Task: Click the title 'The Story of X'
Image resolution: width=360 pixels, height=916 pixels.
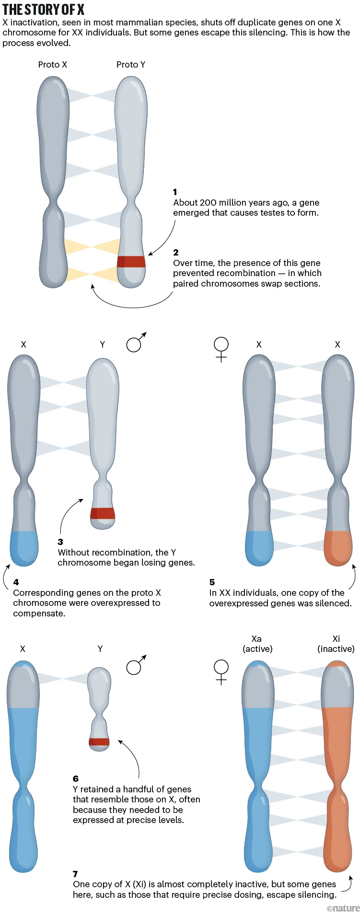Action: [44, 9]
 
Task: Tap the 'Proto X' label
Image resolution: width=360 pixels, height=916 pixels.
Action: [53, 65]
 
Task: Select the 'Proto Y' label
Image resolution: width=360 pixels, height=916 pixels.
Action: [131, 65]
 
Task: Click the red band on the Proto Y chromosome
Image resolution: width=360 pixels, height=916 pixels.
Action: [131, 261]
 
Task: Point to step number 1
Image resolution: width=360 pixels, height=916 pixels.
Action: [175, 192]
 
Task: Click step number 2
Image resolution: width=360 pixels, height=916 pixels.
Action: [176, 252]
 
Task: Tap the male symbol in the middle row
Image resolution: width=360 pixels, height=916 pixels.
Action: [136, 342]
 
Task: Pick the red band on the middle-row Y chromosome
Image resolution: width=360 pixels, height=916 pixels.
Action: [103, 513]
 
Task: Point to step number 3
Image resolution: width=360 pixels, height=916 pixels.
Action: [60, 542]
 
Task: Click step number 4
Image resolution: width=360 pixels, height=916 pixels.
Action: [16, 582]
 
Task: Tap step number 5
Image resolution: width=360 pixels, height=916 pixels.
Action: [212, 582]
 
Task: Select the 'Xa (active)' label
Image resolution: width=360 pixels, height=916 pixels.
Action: [257, 644]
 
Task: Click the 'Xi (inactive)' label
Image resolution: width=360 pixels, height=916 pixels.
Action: [336, 644]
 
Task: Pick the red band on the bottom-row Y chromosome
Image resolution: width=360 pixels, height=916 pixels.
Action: [99, 742]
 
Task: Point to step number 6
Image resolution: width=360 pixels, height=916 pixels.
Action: [76, 778]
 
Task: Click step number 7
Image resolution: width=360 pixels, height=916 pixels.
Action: [75, 874]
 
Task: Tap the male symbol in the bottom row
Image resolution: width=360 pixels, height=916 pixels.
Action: [136, 665]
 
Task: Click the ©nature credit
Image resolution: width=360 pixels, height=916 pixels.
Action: [343, 908]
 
